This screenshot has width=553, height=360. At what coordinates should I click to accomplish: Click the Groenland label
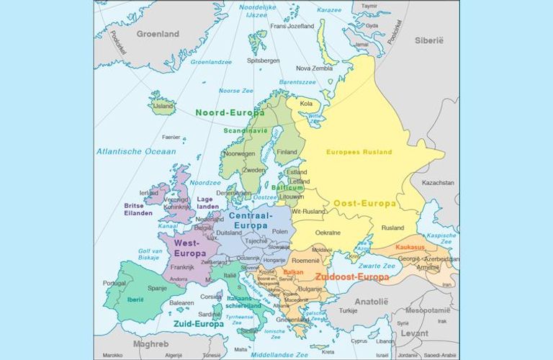pos(158,34)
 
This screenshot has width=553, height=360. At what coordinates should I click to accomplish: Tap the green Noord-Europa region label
pos(230,112)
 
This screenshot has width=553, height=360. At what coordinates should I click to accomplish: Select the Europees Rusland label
pos(359,152)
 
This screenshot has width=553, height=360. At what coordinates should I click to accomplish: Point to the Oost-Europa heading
pos(364,204)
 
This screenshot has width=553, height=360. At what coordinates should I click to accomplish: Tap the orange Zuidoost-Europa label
pos(352,276)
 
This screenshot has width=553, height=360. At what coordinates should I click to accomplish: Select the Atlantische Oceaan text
pos(136,151)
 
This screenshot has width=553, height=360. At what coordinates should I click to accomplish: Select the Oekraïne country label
pos(328,233)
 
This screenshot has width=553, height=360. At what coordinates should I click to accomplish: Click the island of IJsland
pos(163,105)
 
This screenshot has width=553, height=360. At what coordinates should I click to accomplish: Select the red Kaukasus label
pos(410,247)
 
